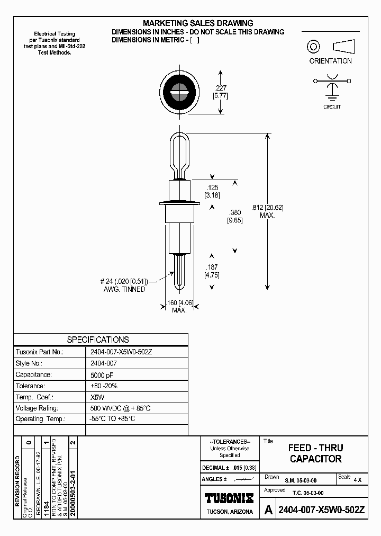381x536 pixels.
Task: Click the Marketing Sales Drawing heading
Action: point(198,23)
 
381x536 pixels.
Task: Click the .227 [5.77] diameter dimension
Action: point(220,92)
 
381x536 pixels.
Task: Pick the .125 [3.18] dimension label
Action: point(213,191)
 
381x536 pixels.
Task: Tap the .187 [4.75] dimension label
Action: point(212,271)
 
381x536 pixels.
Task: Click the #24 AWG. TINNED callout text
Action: point(125,285)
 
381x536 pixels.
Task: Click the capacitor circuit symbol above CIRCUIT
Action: point(332,87)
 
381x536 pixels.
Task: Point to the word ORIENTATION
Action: point(330,61)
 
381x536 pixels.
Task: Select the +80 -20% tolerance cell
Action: point(105,386)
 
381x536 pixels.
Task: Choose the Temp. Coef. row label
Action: point(34,397)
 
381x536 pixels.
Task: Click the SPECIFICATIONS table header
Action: point(97,340)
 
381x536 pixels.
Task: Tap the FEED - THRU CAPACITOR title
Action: point(315,453)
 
